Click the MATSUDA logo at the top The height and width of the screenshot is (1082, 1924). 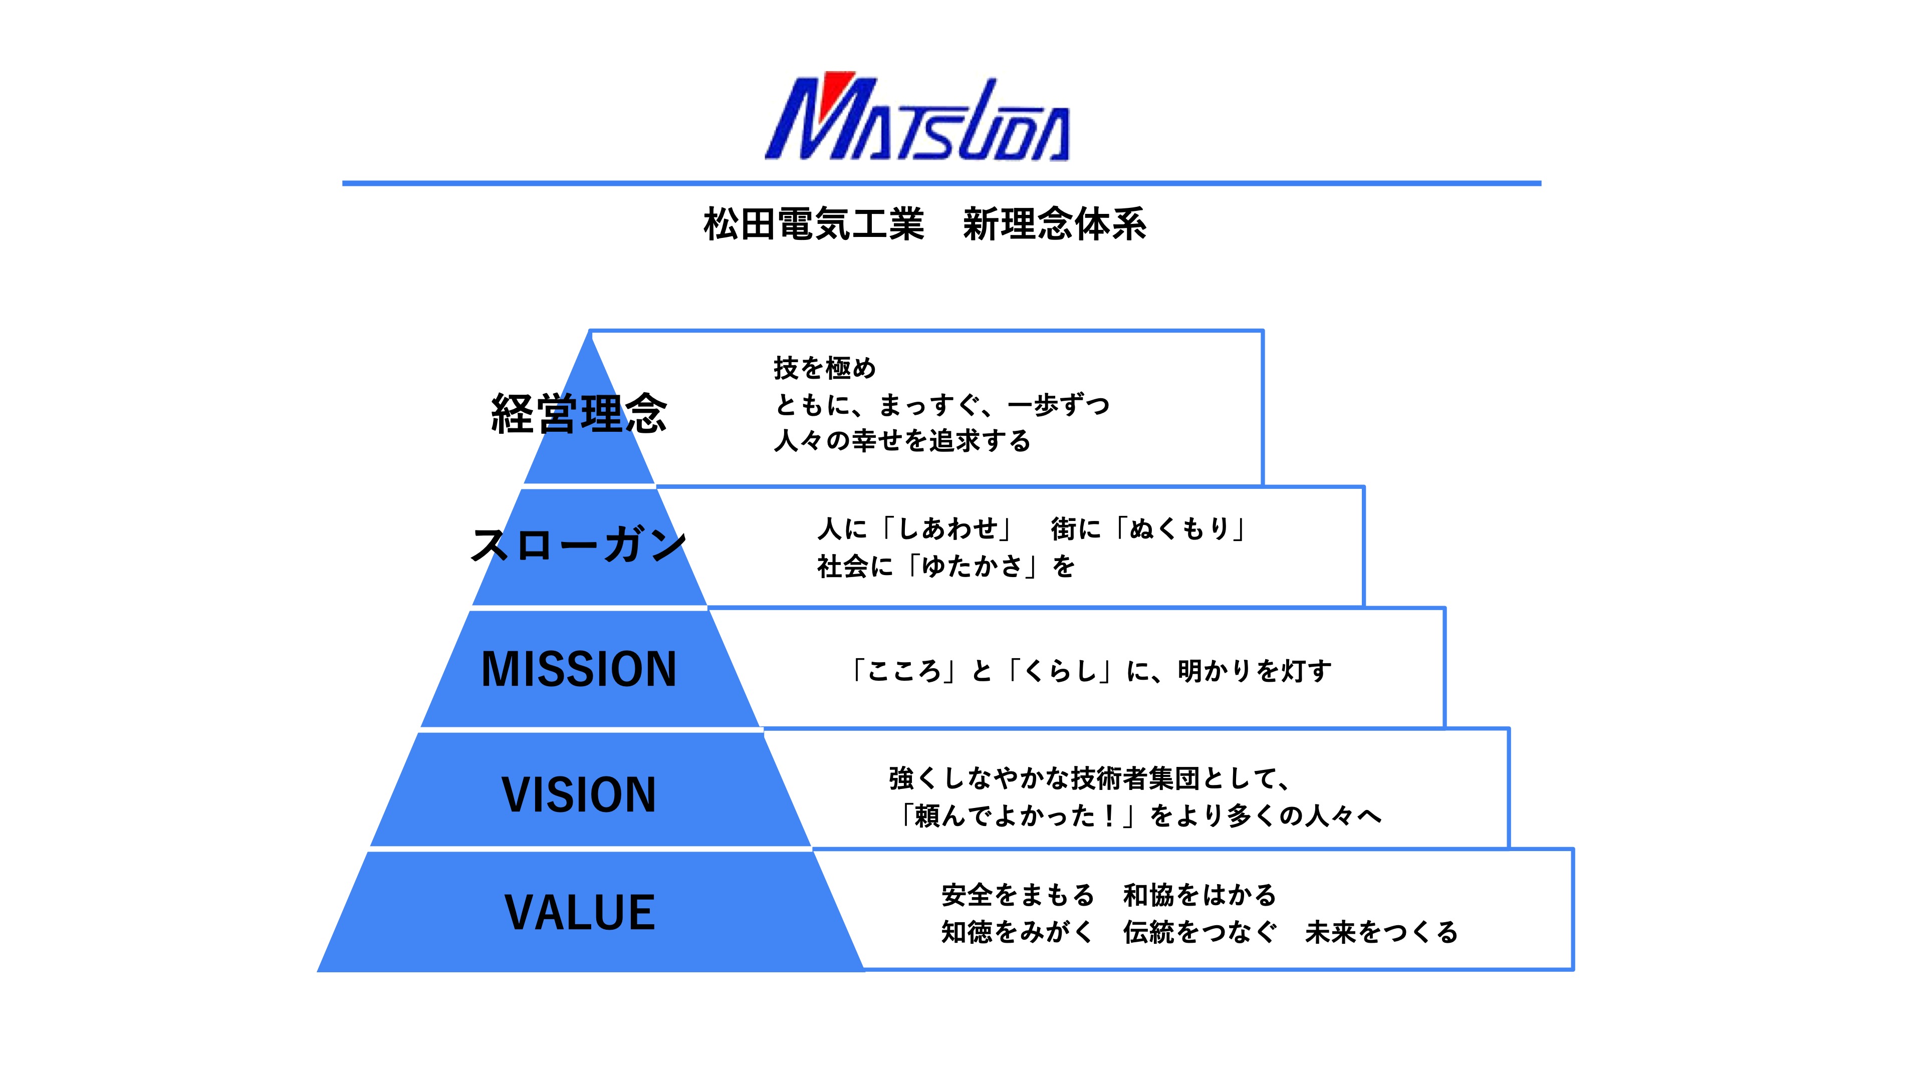918,117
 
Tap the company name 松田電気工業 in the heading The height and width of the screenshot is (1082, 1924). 814,224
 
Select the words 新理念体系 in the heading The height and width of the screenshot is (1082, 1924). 1055,224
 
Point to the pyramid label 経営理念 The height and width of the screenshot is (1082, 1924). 579,413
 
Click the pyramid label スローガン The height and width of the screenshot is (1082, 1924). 579,545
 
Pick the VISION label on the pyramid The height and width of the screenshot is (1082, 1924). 579,794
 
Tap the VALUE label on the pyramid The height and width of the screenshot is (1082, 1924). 580,913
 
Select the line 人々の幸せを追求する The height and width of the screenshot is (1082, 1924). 902,441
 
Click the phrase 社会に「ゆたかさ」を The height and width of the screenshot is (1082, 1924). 945,566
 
